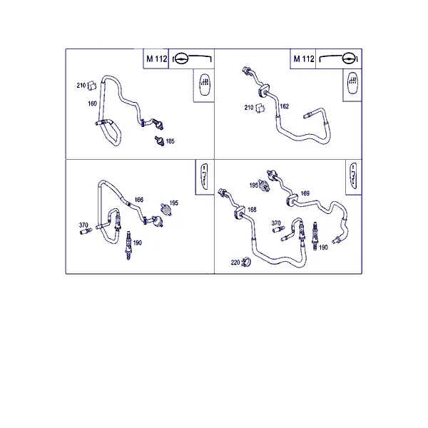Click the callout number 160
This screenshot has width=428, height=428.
92,103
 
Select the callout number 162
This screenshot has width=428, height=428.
284,106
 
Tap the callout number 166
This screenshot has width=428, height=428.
139,200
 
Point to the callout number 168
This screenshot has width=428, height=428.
252,209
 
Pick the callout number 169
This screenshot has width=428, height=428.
305,193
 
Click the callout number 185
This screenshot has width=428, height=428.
170,141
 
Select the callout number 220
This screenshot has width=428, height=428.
235,263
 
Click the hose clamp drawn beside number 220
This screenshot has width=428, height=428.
247,263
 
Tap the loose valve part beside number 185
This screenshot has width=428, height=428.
159,141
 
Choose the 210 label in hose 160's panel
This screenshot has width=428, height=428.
81,86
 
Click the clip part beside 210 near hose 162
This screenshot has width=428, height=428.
260,108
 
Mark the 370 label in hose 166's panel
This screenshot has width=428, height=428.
83,225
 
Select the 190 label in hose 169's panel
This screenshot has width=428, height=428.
323,248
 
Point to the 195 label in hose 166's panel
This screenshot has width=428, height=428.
173,203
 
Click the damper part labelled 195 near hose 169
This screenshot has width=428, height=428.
264,185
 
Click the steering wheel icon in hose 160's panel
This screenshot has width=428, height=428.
181,58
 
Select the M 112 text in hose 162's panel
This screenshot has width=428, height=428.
304,58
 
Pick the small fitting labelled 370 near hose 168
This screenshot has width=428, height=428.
279,229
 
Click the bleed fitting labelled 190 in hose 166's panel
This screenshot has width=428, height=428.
128,245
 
